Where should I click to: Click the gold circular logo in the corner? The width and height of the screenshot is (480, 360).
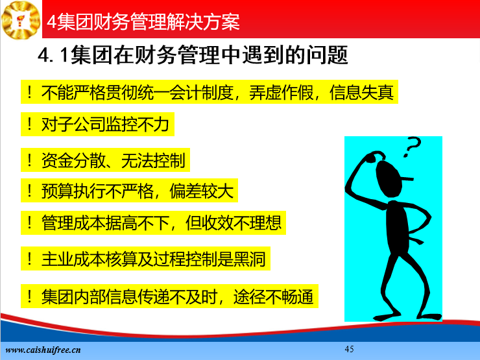(21, 19)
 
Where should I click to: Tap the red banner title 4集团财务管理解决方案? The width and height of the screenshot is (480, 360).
(143, 21)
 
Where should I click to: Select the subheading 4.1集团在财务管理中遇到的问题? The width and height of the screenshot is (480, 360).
(193, 55)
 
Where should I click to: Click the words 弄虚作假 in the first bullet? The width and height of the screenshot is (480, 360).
(282, 92)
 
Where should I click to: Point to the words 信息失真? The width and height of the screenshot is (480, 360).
(361, 92)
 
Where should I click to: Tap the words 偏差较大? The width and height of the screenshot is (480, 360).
(202, 191)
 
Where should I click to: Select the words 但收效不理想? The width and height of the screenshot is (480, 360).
(234, 223)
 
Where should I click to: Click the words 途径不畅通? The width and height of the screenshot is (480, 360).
(273, 296)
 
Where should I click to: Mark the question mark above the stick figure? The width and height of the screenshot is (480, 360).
(412, 147)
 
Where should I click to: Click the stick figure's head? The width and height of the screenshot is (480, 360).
(388, 178)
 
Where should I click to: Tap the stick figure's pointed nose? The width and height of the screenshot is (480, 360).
(407, 178)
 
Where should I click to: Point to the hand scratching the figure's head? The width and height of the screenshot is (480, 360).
(375, 156)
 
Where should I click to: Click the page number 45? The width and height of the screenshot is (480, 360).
(349, 349)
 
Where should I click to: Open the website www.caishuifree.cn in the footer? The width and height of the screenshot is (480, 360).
(43, 350)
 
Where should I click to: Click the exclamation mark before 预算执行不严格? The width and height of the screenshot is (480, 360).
(30, 191)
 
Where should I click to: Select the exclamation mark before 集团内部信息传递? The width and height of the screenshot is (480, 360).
(30, 296)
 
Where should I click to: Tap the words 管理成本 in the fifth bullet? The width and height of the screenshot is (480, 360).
(73, 223)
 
